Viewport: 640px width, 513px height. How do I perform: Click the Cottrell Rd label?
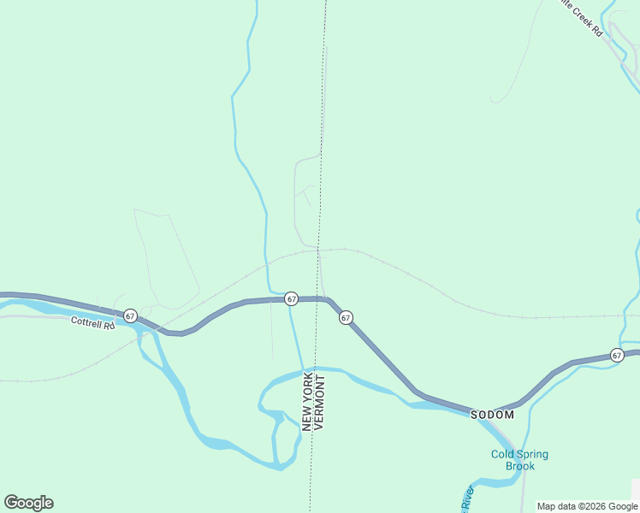(92, 323)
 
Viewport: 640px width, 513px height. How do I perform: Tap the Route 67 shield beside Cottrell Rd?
(130, 316)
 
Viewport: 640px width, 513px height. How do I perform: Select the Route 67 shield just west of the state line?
(292, 298)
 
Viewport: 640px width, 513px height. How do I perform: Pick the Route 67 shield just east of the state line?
(346, 317)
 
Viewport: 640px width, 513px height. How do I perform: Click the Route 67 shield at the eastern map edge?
(617, 355)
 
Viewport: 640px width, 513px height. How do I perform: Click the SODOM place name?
(492, 415)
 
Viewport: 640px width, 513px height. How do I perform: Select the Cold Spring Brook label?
(519, 460)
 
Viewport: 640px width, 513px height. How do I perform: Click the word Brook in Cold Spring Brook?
(519, 466)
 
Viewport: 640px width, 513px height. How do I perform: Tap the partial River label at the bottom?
(468, 498)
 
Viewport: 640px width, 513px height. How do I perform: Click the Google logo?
(28, 503)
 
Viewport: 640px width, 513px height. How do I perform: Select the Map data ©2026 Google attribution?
(586, 506)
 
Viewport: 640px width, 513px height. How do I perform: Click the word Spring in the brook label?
(531, 454)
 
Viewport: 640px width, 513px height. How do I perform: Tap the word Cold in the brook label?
(502, 454)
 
